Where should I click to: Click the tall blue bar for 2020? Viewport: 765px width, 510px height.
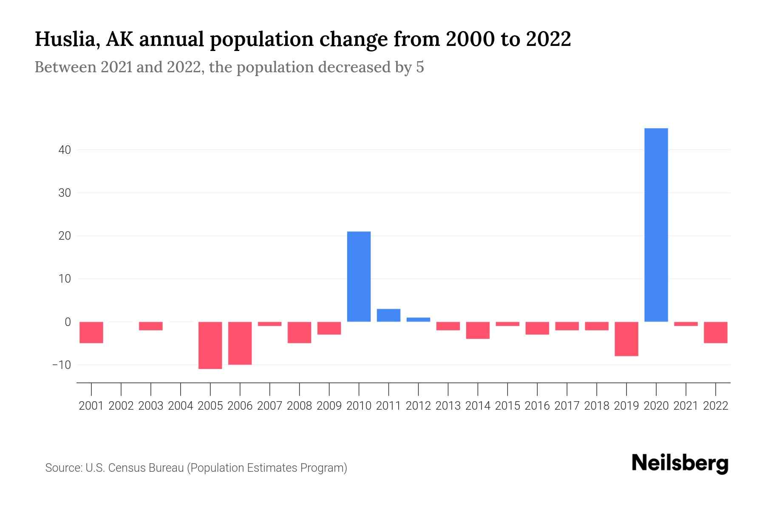click(656, 225)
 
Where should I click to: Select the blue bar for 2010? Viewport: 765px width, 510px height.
click(359, 276)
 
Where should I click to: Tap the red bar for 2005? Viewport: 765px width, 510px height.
click(210, 345)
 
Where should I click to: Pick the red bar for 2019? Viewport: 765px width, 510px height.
click(626, 339)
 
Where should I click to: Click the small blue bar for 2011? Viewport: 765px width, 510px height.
click(388, 315)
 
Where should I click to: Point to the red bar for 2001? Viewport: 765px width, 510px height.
click(91, 332)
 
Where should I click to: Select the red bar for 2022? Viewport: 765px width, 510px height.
click(716, 332)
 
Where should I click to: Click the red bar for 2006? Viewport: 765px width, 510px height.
click(240, 343)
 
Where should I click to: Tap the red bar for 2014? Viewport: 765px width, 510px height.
click(478, 330)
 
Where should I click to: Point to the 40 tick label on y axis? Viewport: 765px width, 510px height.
click(65, 150)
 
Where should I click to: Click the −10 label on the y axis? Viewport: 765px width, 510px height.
click(62, 365)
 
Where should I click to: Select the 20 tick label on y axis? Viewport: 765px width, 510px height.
click(65, 236)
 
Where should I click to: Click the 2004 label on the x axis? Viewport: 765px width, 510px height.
click(181, 406)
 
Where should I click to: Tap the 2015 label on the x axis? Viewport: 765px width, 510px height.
click(507, 406)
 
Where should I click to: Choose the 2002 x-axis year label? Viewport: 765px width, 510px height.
click(121, 406)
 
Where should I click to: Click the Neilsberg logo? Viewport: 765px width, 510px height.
click(680, 463)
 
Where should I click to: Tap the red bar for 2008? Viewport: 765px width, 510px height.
click(299, 332)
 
